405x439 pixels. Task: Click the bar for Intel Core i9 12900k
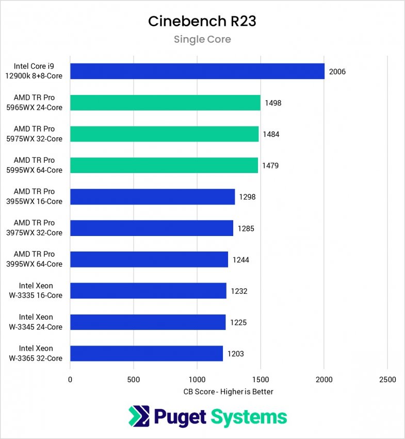(197, 71)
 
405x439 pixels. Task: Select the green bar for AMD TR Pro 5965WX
(165, 103)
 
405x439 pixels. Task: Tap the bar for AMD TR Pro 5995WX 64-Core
(164, 165)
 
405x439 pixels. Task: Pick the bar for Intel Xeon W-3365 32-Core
(147, 354)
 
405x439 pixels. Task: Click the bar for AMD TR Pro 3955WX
(152, 197)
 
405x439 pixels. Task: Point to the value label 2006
(337, 72)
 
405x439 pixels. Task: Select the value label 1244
(241, 260)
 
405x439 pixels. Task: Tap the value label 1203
(236, 354)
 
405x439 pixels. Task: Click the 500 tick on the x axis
(134, 380)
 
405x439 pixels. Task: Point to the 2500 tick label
(387, 380)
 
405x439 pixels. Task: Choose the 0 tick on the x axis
(70, 380)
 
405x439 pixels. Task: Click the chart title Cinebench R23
(202, 21)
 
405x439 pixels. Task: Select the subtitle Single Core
(202, 39)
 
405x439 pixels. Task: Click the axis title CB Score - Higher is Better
(229, 391)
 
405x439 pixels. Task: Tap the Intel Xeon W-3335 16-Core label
(41, 291)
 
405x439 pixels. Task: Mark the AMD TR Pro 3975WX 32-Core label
(38, 228)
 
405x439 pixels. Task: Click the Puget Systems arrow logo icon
(139, 417)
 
